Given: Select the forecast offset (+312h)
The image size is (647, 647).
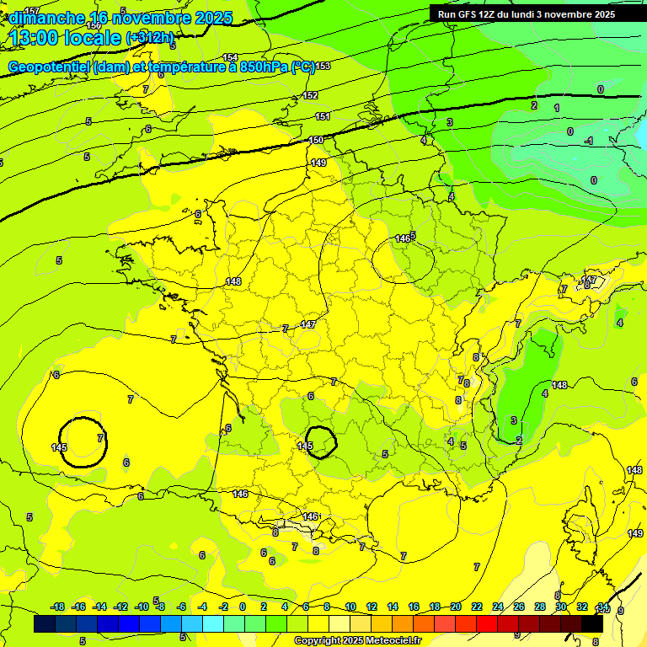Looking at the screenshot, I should (x=150, y=38).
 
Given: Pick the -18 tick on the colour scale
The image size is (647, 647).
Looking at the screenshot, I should (x=58, y=607).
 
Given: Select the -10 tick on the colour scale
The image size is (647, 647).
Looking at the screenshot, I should (x=142, y=607).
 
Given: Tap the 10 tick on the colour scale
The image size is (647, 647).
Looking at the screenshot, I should (x=350, y=607).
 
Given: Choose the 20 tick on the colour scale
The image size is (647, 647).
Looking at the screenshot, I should (x=456, y=607).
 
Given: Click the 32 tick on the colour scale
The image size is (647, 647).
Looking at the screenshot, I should (x=582, y=607).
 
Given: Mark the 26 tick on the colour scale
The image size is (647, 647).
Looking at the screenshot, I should (x=519, y=607).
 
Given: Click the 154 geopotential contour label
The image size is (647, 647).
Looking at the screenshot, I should (x=230, y=57).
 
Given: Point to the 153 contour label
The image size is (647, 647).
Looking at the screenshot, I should (x=323, y=66).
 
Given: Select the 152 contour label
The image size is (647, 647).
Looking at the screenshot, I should (x=311, y=95).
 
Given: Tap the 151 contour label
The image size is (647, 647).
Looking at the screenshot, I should (x=323, y=116).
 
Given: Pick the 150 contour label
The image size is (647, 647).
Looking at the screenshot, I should (x=316, y=140).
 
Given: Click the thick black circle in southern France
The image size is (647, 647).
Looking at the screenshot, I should (x=321, y=442).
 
